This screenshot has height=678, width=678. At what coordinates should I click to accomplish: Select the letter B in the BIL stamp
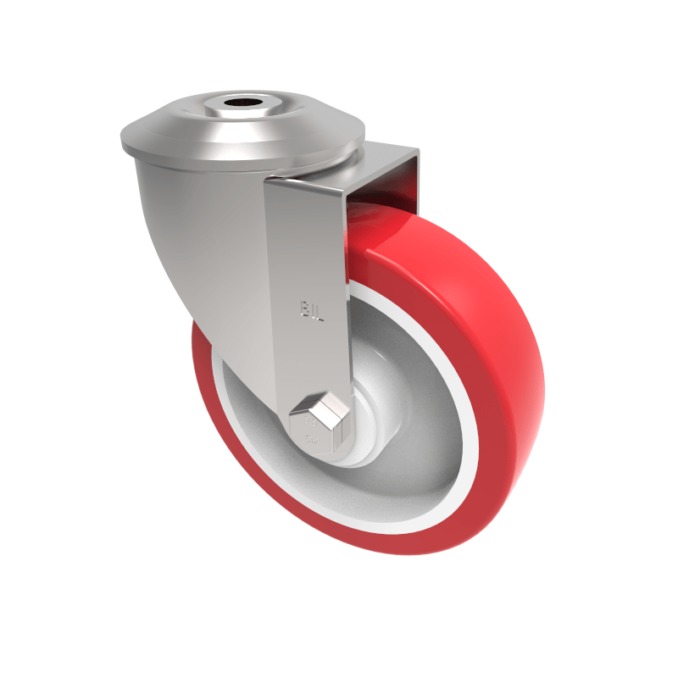click(x=303, y=308)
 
